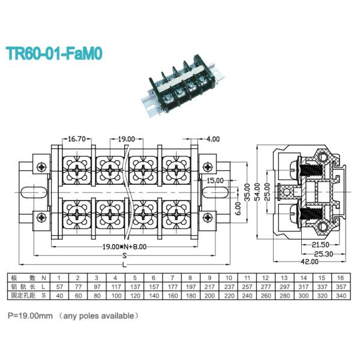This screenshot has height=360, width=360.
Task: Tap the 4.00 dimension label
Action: click(x=213, y=139)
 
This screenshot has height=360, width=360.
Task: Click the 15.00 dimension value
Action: click(x=215, y=180)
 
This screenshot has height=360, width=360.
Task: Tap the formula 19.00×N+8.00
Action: click(x=124, y=246)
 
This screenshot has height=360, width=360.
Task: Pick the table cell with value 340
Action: click(x=341, y=296)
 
